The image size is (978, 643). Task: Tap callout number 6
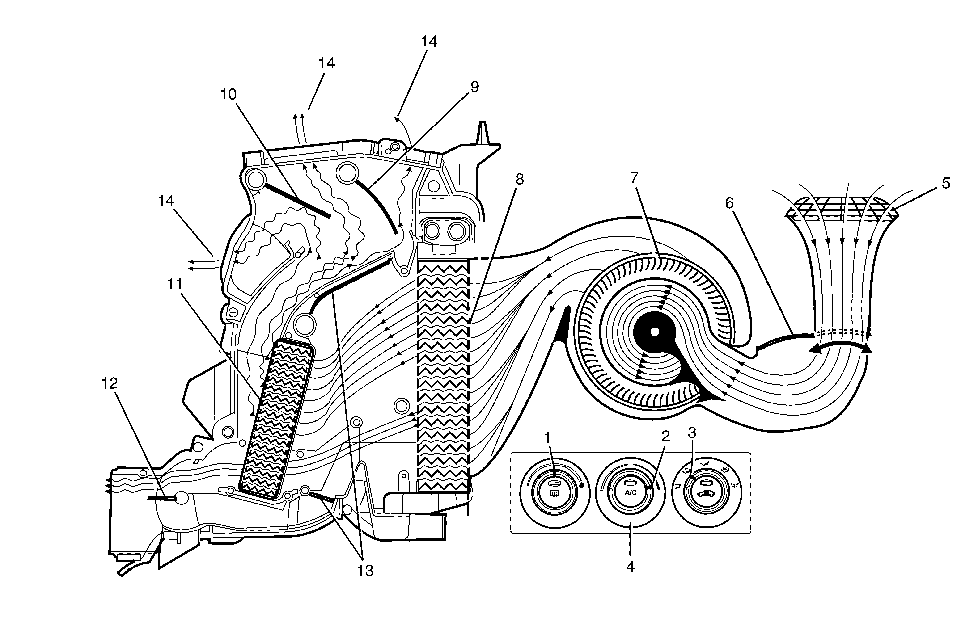click(x=729, y=203)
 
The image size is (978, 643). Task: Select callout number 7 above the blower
click(x=634, y=178)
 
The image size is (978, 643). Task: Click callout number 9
click(x=475, y=87)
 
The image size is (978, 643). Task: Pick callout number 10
click(x=229, y=94)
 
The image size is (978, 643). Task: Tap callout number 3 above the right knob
click(x=692, y=432)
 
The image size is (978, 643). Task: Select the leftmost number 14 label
click(x=166, y=201)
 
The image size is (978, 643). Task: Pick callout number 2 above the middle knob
click(x=665, y=436)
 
